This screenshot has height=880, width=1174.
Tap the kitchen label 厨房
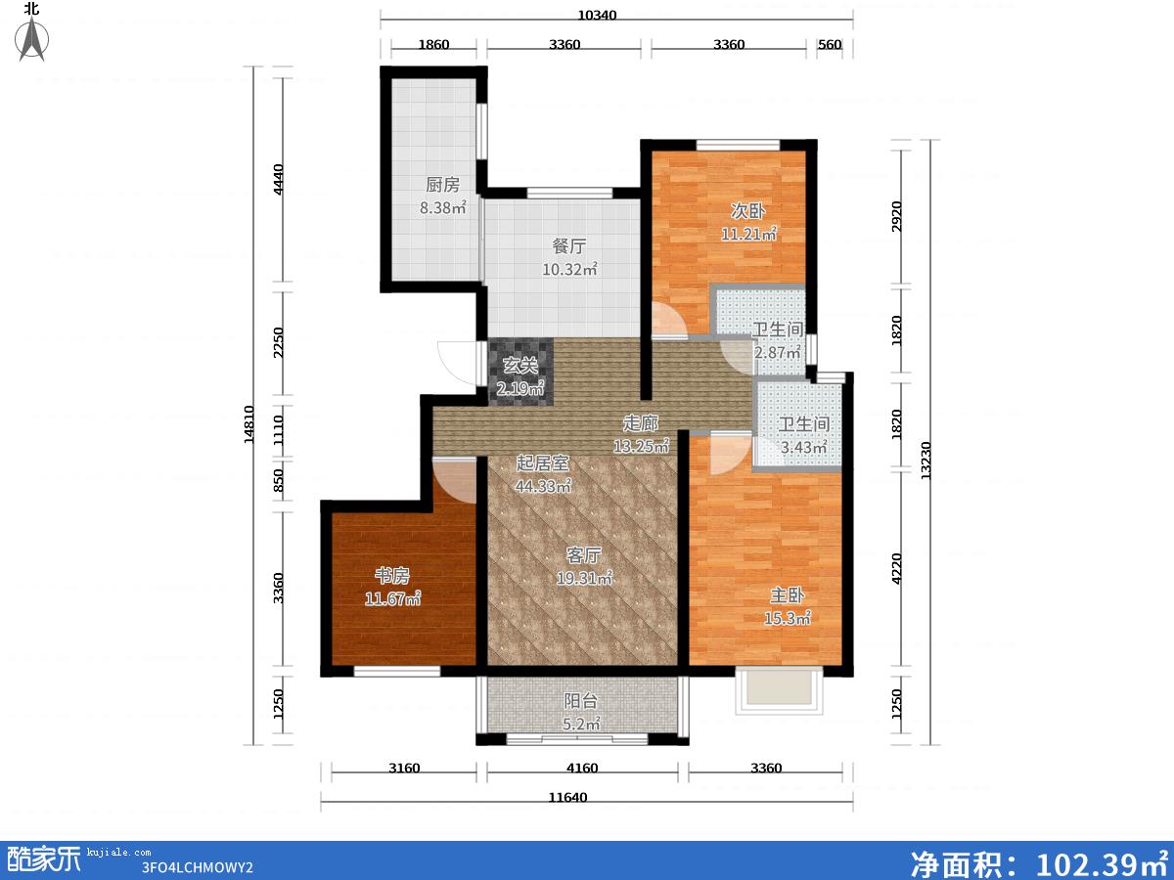pos(442,185)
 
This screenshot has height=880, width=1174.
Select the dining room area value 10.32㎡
pos(569,269)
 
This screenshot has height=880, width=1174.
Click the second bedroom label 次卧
pos(747,211)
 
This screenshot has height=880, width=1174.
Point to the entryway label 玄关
pos(519,366)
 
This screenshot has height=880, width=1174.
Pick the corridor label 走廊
pos(640,423)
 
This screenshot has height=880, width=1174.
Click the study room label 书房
pos(392,576)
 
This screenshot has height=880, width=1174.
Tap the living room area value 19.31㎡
pos(584,578)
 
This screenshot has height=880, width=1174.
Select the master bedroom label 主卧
pos(788,595)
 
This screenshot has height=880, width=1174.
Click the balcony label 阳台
pos(580,701)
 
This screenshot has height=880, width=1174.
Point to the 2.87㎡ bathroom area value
pos(777,352)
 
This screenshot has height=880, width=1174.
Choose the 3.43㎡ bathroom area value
pos(803,447)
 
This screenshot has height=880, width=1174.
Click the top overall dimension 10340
pos(597,15)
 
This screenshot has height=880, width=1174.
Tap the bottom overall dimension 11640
pos(568,797)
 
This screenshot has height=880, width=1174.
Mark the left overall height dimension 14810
pos(248,424)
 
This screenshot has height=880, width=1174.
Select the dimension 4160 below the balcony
pos(582,768)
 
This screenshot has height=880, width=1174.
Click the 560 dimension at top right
pos(830,44)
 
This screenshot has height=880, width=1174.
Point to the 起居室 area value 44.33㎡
pos(543,486)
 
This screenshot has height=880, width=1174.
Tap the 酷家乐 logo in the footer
pos(44,859)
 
